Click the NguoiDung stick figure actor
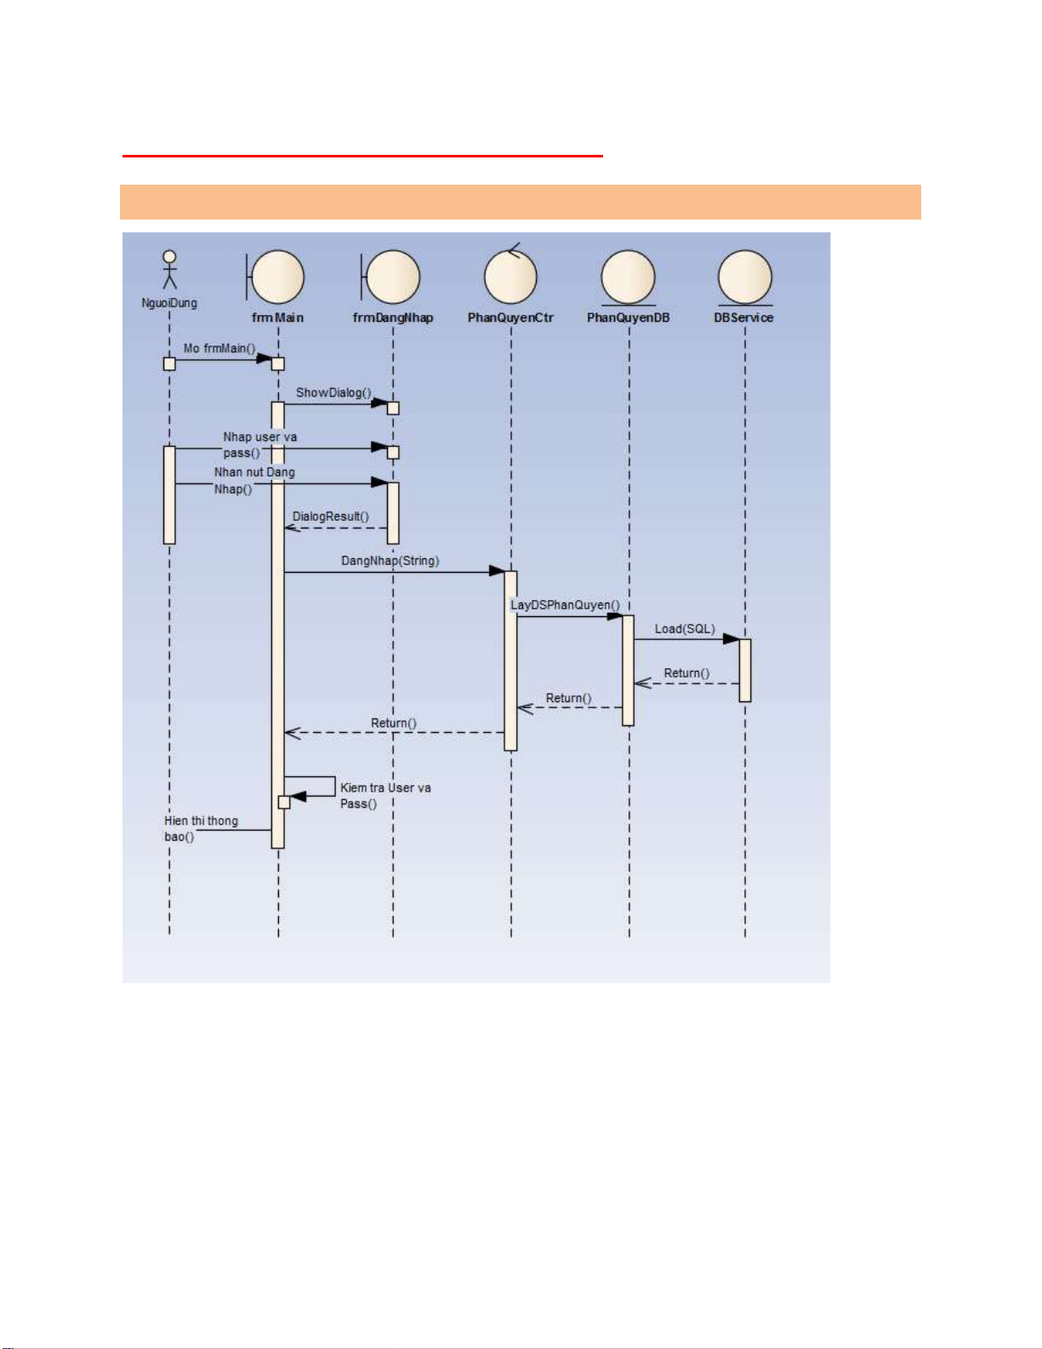point(169,270)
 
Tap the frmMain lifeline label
point(277,317)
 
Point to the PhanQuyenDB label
point(629,317)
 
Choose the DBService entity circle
point(745,277)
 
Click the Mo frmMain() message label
point(219,348)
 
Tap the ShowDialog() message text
point(333,392)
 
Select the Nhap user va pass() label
point(260,445)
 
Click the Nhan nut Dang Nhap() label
point(254,481)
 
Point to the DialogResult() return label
point(331,517)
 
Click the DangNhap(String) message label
point(390,561)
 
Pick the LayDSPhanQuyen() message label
point(565,604)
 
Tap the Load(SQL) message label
point(685,629)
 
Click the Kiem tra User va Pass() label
point(385,795)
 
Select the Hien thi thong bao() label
point(201,829)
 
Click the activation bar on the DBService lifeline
point(745,671)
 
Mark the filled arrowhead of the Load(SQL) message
point(732,639)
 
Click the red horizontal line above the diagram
point(363,156)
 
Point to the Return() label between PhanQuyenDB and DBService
point(686,673)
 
